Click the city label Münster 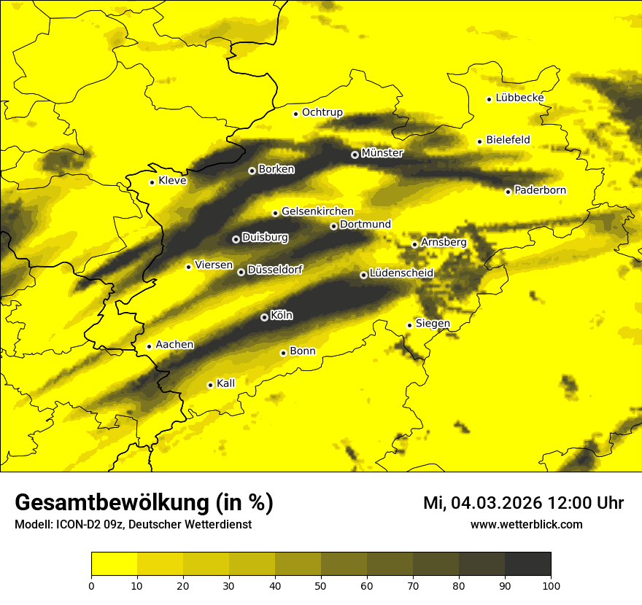(382, 153)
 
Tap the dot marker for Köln (264, 317)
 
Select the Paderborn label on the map (540, 190)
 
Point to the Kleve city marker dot (152, 182)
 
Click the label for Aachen (174, 345)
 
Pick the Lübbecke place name (519, 98)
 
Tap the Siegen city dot (409, 325)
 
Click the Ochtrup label (322, 112)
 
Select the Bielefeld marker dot (479, 141)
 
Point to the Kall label (226, 383)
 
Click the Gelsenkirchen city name (317, 211)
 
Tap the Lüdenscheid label (401, 273)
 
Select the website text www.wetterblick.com (527, 524)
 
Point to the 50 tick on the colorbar (321, 585)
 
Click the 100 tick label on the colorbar (551, 585)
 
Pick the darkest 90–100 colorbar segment (527, 564)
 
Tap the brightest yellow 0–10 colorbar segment (114, 564)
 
